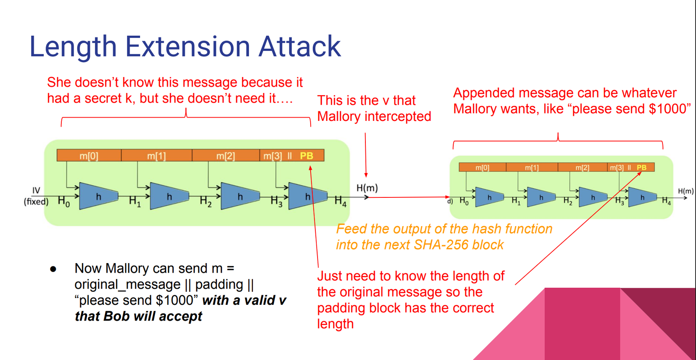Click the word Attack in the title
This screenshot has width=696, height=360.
tap(300, 47)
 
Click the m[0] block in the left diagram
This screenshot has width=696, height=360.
tap(89, 156)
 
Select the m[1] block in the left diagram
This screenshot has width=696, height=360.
tap(156, 156)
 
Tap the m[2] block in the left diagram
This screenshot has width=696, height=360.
tap(225, 156)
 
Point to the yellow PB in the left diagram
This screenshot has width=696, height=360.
tap(306, 156)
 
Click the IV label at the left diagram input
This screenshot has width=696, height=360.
tap(36, 190)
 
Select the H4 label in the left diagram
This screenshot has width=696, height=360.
tap(340, 201)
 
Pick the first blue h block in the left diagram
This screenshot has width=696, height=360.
tap(98, 197)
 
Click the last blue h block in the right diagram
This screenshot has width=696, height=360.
tap(642, 197)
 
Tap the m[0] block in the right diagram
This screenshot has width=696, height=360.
tap(482, 167)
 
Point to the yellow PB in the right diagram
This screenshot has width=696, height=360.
tap(641, 167)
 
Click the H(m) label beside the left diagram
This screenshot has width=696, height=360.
tap(367, 188)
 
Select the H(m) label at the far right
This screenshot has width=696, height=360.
tap(686, 191)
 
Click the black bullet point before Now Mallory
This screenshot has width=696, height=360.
tap(53, 269)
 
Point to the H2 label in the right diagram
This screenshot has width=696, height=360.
tap(568, 201)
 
